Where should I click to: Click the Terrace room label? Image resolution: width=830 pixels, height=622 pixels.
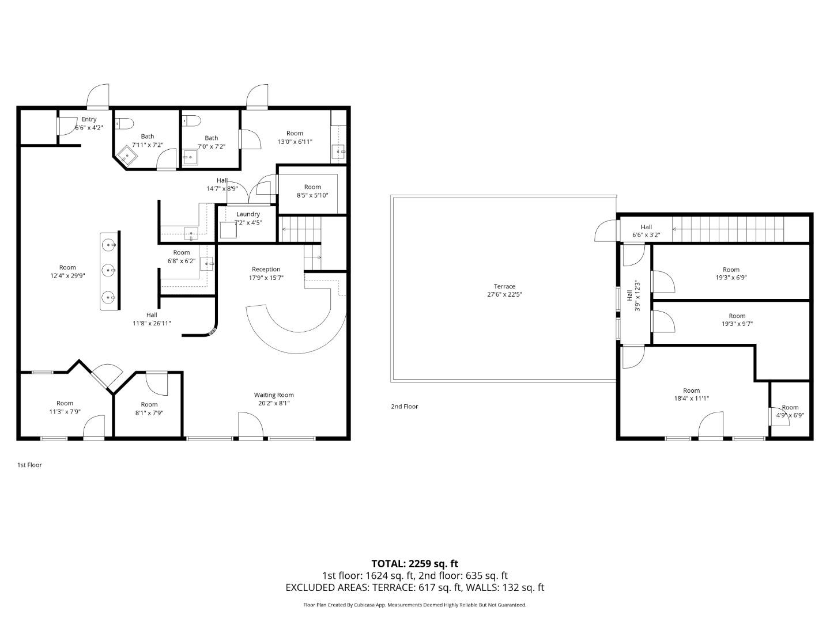tap(504, 286)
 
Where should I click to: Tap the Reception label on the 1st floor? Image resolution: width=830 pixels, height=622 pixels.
tap(266, 269)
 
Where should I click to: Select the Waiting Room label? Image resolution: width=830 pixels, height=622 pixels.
tap(274, 395)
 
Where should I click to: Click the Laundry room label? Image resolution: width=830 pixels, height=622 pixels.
tap(248, 214)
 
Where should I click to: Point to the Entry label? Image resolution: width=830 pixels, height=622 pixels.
tap(89, 119)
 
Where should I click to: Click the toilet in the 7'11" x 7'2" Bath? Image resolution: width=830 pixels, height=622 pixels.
tap(124, 123)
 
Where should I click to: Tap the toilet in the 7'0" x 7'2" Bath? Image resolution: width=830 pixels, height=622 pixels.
tap(191, 121)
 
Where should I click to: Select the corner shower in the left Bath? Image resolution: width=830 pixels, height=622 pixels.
tap(125, 155)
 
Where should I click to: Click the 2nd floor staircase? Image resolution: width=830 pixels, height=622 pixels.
tap(729, 229)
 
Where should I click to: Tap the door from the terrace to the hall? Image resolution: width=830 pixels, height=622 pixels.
tap(605, 231)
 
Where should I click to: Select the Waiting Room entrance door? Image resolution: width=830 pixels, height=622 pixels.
tap(251, 426)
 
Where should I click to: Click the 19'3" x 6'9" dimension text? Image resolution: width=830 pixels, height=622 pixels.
tap(731, 278)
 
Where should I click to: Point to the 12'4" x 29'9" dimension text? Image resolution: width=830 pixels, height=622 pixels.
tap(67, 275)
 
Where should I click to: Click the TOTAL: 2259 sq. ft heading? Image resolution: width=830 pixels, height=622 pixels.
tap(414, 563)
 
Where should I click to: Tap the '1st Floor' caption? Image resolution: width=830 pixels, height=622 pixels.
tap(29, 465)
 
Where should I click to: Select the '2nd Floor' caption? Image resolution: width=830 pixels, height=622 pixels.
tap(404, 407)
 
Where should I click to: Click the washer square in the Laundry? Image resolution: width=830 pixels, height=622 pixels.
tap(228, 230)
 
